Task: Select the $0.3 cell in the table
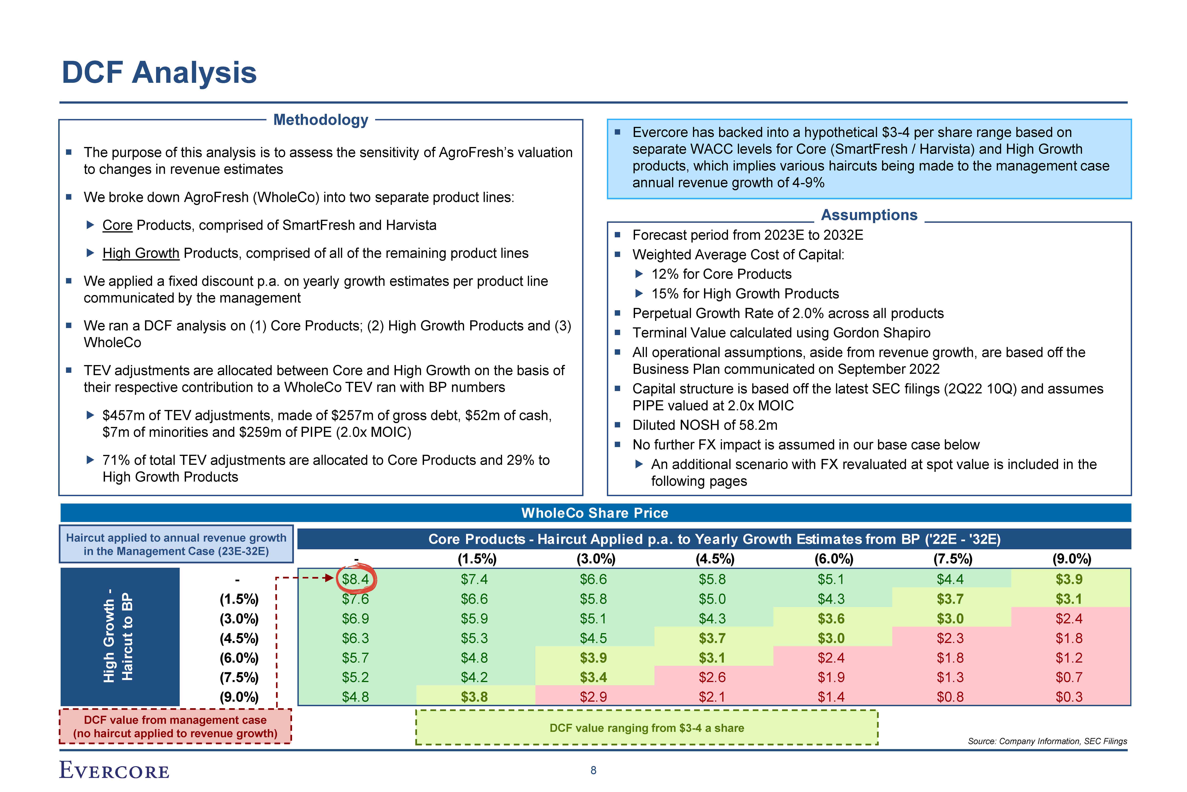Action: click(1069, 697)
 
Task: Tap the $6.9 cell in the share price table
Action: click(356, 619)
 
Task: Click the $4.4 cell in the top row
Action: click(950, 579)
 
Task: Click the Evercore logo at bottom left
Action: click(114, 770)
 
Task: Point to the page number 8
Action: click(593, 770)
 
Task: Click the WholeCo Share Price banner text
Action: click(595, 513)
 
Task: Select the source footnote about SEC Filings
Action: click(1047, 741)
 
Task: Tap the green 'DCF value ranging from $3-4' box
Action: click(646, 728)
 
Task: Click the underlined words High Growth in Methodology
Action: click(141, 253)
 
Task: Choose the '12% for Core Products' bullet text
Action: click(721, 274)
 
